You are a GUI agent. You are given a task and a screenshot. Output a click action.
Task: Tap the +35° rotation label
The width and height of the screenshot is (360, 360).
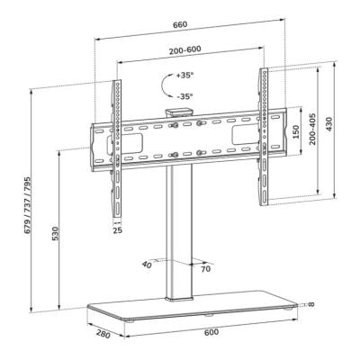click(x=184, y=76)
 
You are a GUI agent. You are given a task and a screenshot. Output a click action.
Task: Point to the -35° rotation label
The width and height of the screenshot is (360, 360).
click(x=184, y=95)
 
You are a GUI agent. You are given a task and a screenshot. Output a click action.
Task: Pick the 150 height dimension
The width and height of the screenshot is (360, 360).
click(x=296, y=130)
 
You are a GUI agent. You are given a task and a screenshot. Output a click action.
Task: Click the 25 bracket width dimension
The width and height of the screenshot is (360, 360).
click(x=116, y=230)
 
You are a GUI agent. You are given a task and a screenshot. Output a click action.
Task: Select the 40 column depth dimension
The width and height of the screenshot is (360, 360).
click(x=147, y=265)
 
